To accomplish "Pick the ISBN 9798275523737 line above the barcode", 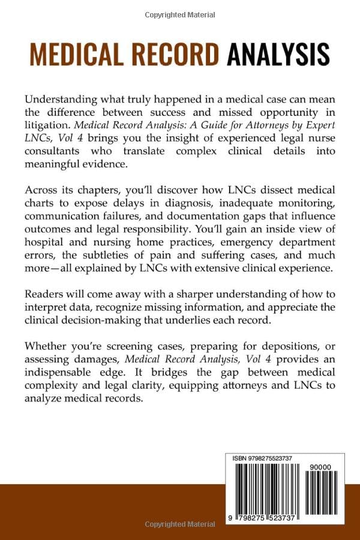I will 262,458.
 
